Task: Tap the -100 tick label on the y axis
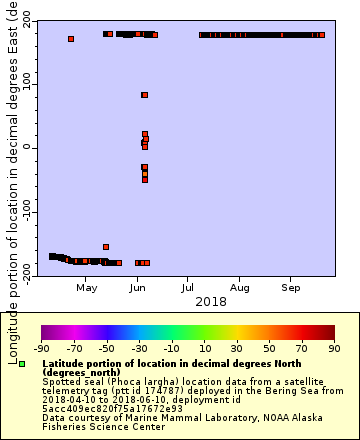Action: [x=25, y=211]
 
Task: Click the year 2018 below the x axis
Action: [x=210, y=301]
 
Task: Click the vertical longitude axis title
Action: [x=13, y=180]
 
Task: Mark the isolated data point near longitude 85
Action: [x=144, y=95]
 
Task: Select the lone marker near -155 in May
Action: [x=106, y=246]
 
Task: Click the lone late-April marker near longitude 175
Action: [x=71, y=39]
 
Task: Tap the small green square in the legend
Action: [x=22, y=363]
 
